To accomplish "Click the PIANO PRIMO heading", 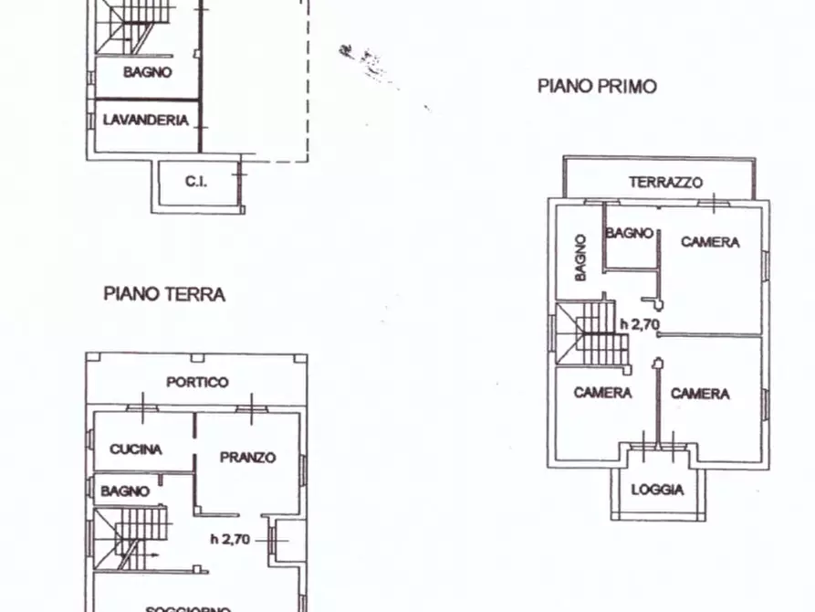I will tap(597, 87).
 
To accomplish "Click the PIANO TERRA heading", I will tap(164, 294).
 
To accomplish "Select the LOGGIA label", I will tap(657, 490).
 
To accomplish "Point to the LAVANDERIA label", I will tap(146, 120).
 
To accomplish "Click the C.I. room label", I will tap(196, 182).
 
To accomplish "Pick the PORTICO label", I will tap(197, 382).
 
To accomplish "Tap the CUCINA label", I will tap(136, 448).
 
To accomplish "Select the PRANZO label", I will tap(247, 457).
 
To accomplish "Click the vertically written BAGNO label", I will tap(580, 257).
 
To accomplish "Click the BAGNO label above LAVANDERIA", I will tap(148, 72).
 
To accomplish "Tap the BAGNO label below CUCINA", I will tap(125, 491).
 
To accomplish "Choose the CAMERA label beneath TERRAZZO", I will tap(710, 242).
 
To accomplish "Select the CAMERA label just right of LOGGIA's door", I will tap(700, 393).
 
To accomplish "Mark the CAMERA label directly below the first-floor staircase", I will tap(602, 393).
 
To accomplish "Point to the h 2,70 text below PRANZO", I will tap(230, 538).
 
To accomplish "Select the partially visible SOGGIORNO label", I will tap(191, 607).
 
